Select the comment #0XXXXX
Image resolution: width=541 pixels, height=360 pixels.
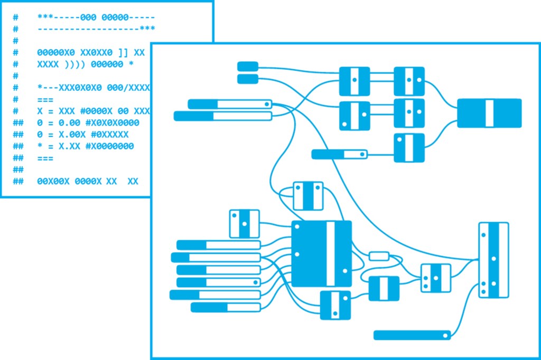point(109,135)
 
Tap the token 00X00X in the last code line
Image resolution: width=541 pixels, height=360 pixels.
point(53,181)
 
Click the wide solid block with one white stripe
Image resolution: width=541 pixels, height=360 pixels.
point(489,113)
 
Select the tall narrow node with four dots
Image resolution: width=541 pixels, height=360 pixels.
point(493,260)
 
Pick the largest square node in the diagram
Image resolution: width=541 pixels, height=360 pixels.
point(321,254)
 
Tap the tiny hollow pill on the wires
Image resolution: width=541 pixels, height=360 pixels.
point(379,257)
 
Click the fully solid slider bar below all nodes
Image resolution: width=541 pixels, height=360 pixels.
point(412,335)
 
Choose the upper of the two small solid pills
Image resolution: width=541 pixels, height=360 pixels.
point(247,66)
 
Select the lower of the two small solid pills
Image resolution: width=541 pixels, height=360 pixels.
point(247,79)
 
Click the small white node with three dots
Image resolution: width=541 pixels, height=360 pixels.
point(436,278)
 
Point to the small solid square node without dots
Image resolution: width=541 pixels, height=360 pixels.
point(384,289)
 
